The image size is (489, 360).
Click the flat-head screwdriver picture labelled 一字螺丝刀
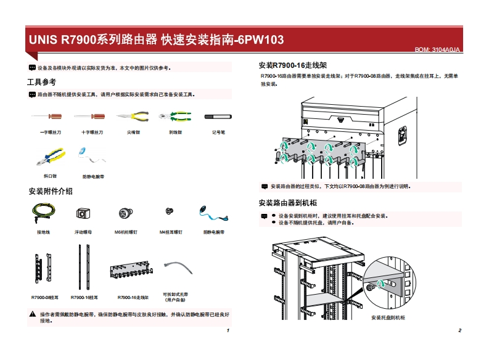pos(47,115)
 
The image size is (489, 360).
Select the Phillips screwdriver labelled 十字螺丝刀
pos(90,115)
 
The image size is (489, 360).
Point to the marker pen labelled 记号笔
pos(218,115)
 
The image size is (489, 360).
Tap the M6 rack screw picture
pos(125,213)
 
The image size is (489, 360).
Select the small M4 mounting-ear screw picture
pos(169,211)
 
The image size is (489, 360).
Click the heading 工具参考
pos(41,82)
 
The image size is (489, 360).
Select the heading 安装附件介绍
pos(51,191)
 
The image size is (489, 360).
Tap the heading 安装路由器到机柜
pos(288,203)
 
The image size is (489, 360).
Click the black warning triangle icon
pos(33,314)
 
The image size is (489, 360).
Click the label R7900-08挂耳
pos(45,297)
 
